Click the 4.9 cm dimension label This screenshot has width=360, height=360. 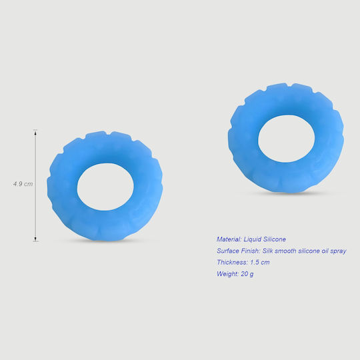[x=23, y=184]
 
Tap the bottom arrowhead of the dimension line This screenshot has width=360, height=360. [x=35, y=239]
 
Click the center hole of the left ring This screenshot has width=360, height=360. [x=105, y=187]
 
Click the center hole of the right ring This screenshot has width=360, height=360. [x=287, y=139]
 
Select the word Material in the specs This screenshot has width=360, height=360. [x=229, y=239]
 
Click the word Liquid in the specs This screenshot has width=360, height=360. [x=252, y=239]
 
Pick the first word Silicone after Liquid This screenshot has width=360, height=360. [x=275, y=239]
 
